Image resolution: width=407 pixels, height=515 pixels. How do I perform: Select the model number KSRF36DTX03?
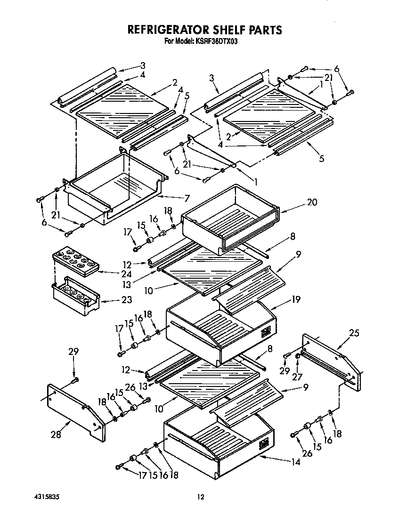221,41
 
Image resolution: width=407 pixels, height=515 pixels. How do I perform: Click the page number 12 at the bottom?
201,496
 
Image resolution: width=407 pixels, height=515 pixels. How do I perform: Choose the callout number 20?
312,202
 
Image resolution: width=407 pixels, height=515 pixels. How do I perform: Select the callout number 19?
296,299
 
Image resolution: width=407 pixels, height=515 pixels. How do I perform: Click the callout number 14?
295,462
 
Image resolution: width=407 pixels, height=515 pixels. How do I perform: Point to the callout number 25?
354,333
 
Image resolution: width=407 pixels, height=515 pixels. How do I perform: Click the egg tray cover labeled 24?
76,262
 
